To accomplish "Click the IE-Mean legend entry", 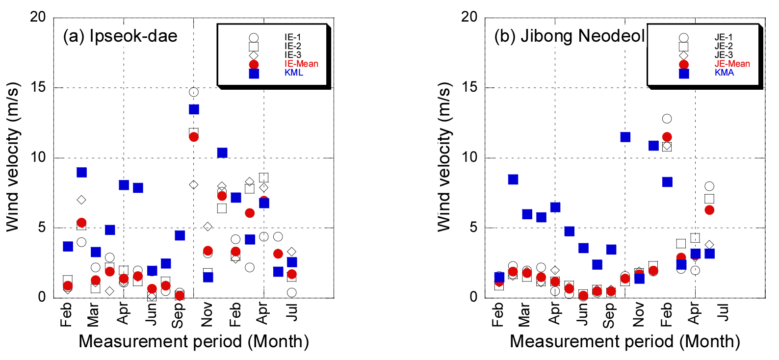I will tap(301, 64).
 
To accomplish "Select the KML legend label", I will tap(294, 73).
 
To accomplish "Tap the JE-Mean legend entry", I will tap(732, 64).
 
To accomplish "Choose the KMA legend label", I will tap(724, 73).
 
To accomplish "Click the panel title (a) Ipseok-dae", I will tap(120, 36).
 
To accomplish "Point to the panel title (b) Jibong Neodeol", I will tap(569, 36).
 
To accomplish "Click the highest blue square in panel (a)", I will tap(194, 109).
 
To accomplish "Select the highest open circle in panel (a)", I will tap(194, 92).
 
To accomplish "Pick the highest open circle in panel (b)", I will tap(667, 119).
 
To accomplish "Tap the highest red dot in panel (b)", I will tap(667, 137).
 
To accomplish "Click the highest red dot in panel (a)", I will tap(194, 137).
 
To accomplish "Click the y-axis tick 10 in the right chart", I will tap(469, 157).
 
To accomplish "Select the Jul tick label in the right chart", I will tap(723, 312).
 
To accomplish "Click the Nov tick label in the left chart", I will tap(207, 314).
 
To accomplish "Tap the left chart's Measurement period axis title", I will tap(194, 341).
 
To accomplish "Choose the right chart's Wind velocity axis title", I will tap(444, 157).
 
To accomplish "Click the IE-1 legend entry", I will tap(293, 37).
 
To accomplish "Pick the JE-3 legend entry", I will tap(724, 55).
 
